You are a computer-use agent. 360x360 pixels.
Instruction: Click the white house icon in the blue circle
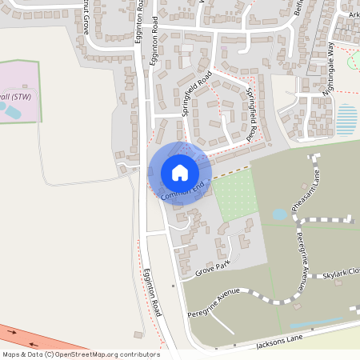pyautogui.click(x=180, y=172)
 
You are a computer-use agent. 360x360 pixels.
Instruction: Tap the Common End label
pyautogui.click(x=183, y=190)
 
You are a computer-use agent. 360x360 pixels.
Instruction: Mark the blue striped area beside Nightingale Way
pyautogui.click(x=346, y=120)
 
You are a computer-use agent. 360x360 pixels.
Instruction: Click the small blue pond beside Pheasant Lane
pyautogui.click(x=279, y=214)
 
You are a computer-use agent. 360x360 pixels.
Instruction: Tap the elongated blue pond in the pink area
pyautogui.click(x=13, y=112)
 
